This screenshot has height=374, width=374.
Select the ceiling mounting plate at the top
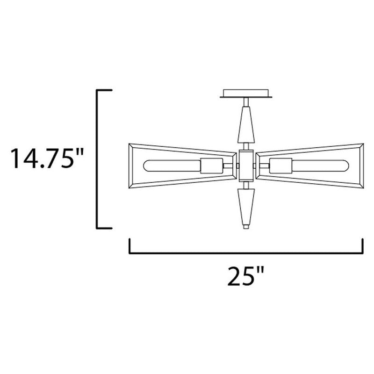tap(246, 93)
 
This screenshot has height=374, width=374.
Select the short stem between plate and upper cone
tap(246, 102)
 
